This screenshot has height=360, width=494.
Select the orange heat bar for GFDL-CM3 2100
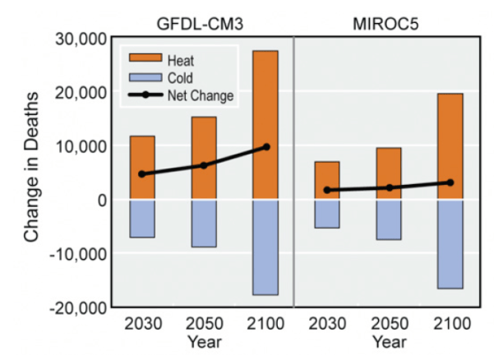coord(265,125)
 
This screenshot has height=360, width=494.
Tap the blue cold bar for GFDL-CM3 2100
coord(265,247)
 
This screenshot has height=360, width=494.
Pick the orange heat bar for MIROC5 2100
coord(450,146)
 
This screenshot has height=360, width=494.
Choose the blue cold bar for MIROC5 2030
coord(327,214)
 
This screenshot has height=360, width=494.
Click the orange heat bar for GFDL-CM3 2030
coord(142,168)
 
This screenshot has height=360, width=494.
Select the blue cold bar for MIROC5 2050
coord(389,219)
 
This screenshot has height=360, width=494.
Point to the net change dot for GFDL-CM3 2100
coord(265,147)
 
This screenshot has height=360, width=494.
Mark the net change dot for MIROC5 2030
coord(327,190)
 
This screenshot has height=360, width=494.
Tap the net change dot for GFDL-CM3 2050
coord(204,165)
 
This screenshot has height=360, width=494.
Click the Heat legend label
coord(181,61)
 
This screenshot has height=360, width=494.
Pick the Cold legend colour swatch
coord(144,78)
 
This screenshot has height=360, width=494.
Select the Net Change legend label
coord(201,96)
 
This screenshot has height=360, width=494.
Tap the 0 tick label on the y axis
coord(101,200)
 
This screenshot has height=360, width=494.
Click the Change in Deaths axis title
coord(32,173)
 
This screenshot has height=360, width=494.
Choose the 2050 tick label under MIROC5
coord(389,322)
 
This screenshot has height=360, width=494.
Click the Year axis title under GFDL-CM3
coord(204,340)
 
